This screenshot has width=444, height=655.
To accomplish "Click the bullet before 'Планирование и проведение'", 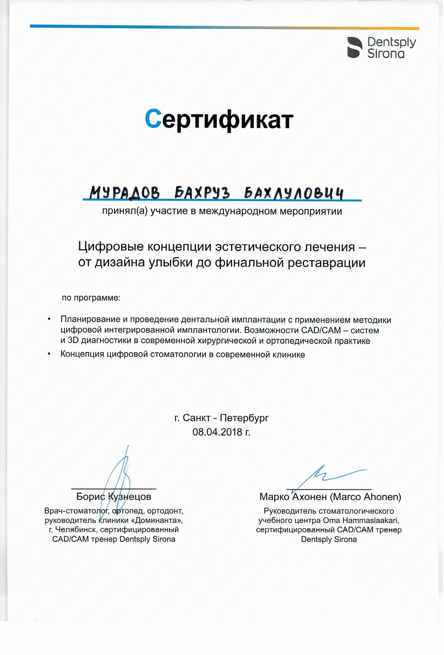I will pos(49,320).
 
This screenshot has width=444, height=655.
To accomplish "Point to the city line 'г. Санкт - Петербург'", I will pos(222,418).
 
